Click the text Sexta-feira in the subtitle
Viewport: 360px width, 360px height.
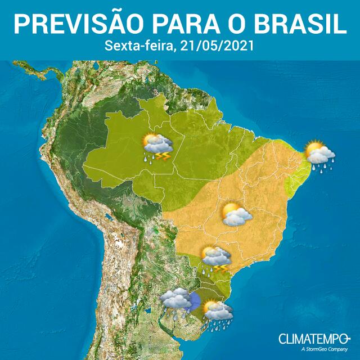tap(139, 46)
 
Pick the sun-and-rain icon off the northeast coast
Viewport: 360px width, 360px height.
tap(319, 155)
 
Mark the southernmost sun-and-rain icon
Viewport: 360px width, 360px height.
tap(217, 313)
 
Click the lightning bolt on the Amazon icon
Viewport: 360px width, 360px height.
tap(164, 155)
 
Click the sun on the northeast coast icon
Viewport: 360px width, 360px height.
tap(313, 149)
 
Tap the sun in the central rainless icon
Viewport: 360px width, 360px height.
tap(230, 210)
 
